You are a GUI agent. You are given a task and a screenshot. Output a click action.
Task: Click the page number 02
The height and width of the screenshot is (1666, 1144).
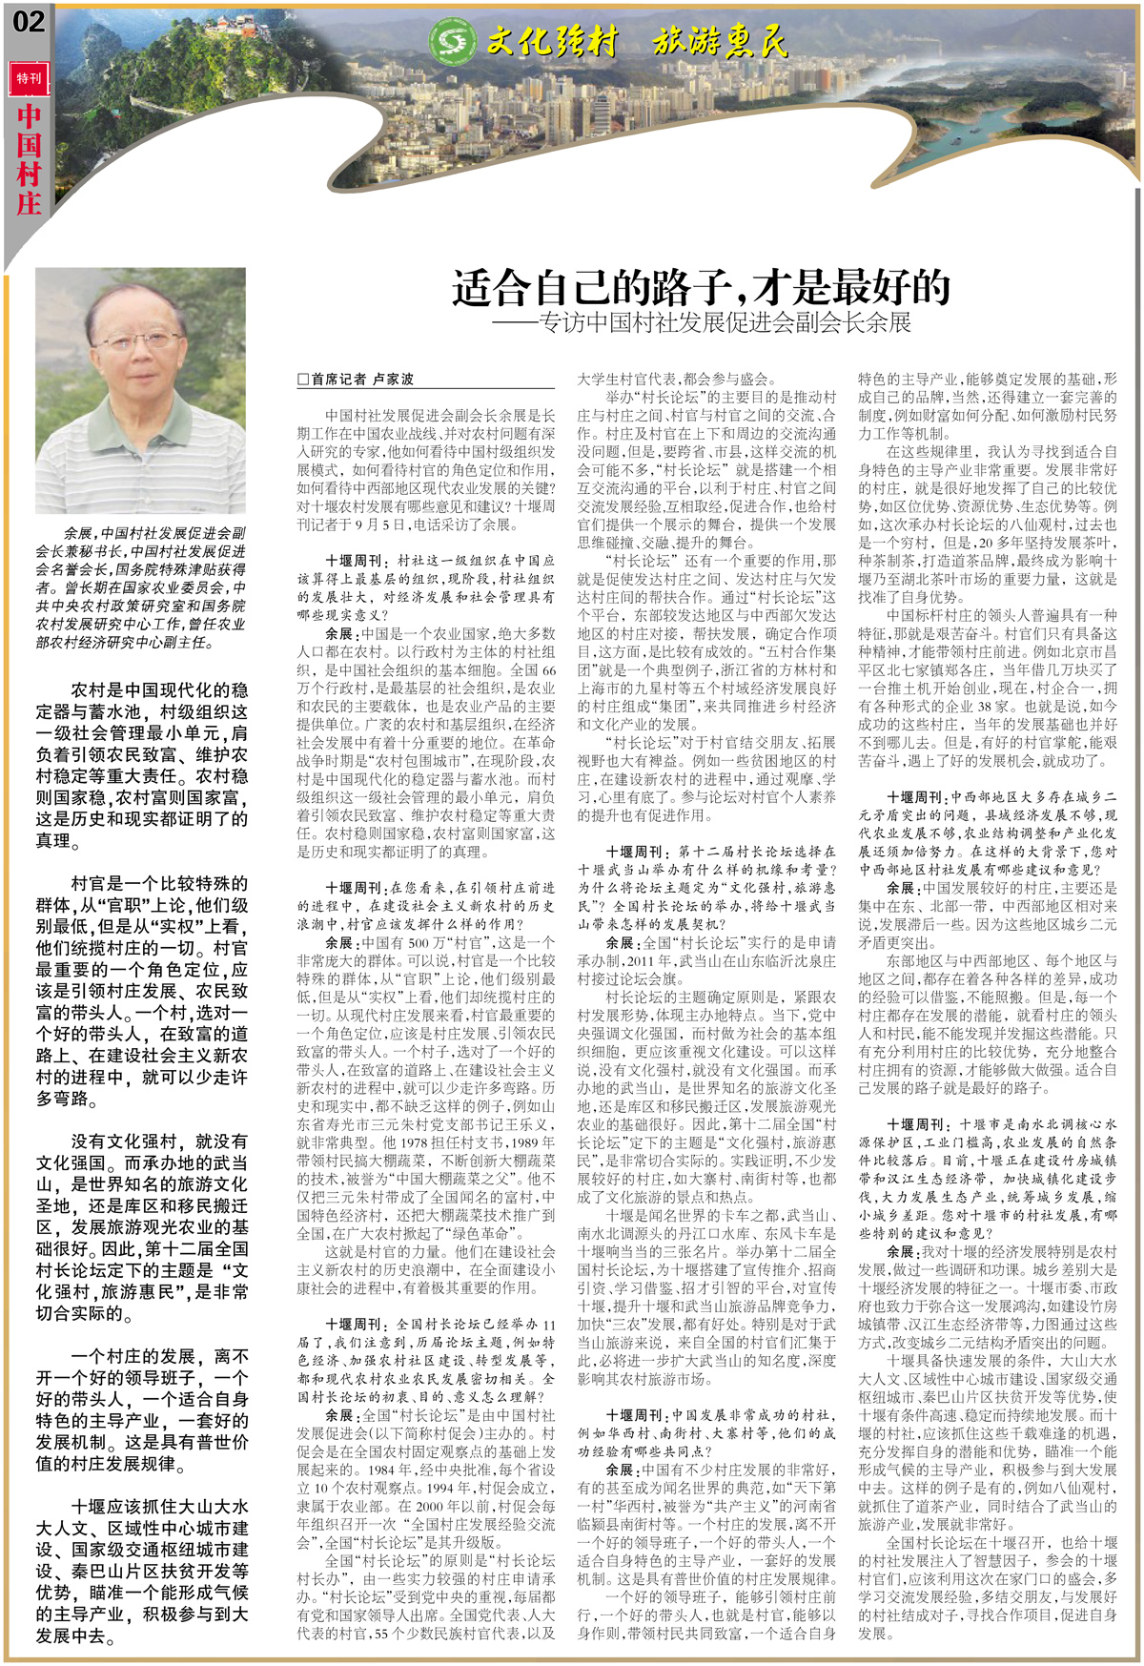[29, 21]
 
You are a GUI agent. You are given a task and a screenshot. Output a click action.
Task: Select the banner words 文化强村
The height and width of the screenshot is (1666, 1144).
[552, 42]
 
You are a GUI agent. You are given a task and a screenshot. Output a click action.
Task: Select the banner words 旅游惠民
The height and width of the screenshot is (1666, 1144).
[720, 42]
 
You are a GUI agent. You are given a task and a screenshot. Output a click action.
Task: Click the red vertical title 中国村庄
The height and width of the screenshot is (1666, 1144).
[29, 158]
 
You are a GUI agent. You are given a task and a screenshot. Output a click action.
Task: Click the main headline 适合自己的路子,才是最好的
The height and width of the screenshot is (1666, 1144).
[701, 286]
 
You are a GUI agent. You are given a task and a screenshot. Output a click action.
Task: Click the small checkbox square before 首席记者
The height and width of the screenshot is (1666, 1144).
[303, 379]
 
